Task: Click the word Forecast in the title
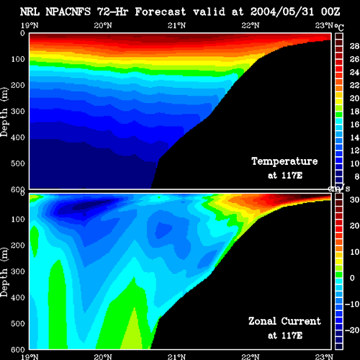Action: [x=161, y=12]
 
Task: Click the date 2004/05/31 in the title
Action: [x=282, y=12]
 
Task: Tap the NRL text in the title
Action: [x=30, y=12]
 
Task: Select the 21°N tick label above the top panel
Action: [x=176, y=25]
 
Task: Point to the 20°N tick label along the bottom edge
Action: [x=103, y=356]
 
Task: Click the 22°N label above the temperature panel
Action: [x=251, y=25]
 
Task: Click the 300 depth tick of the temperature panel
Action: [x=18, y=112]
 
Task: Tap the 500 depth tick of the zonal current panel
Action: [x=18, y=323]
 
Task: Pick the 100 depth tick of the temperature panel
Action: [x=18, y=59]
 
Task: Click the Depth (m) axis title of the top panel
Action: [x=4, y=112]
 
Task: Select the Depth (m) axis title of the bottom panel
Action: [x=4, y=272]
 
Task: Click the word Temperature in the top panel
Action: [x=284, y=161]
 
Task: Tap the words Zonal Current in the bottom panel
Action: [x=284, y=321]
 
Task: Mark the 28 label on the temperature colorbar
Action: [x=354, y=46]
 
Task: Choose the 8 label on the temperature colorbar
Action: [x=356, y=176]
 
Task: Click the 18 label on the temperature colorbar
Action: [x=354, y=112]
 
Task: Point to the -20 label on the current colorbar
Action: [x=352, y=330]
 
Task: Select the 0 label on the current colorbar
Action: [x=352, y=278]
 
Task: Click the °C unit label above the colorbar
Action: [x=339, y=27]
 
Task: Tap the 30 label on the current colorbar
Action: [x=354, y=199]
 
